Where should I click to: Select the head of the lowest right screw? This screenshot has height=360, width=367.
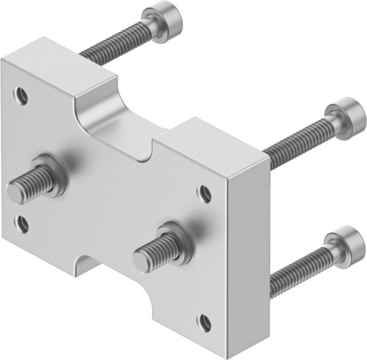[341, 241]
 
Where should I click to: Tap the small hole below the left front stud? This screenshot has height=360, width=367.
[22, 223]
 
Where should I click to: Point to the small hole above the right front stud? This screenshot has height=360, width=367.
[205, 193]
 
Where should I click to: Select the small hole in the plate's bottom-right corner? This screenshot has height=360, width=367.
[205, 324]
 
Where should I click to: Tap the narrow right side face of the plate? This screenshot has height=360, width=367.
[252, 256]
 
